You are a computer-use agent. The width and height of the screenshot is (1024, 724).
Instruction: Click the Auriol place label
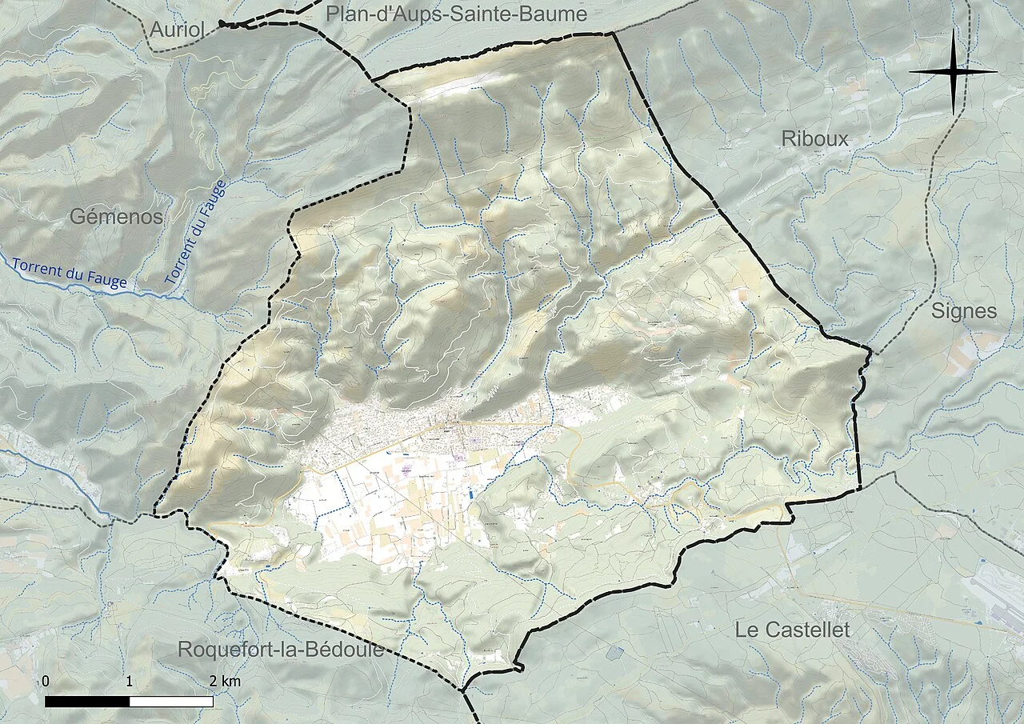tap(178, 30)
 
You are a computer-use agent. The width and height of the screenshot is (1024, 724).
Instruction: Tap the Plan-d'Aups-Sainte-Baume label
tap(456, 14)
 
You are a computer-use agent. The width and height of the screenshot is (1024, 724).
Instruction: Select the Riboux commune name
tap(814, 139)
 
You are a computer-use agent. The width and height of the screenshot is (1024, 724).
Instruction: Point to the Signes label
tap(964, 311)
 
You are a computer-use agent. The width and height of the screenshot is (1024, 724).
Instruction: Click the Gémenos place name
tap(116, 217)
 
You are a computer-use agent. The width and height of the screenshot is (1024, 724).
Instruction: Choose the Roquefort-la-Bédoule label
tap(286, 650)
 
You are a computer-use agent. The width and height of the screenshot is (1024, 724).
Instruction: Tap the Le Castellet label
tap(792, 630)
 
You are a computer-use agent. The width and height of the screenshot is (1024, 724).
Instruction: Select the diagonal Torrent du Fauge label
tap(197, 233)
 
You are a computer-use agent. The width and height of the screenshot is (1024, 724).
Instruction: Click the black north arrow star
tap(954, 72)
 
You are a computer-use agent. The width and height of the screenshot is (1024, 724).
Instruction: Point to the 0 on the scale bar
tap(46, 682)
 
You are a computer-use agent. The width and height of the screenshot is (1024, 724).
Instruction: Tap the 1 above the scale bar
tap(130, 682)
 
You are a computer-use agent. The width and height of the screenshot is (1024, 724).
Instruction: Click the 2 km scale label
tap(224, 682)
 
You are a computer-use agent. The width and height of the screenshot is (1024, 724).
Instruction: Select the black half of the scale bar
tap(87, 702)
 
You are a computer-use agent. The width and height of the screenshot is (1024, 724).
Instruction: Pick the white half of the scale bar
tap(171, 702)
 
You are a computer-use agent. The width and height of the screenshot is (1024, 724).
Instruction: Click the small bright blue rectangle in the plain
tap(471, 494)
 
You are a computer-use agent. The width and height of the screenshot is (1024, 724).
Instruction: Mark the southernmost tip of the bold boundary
tap(462, 690)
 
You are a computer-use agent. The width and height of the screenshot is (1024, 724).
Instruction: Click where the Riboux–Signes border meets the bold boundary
tap(871, 350)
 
